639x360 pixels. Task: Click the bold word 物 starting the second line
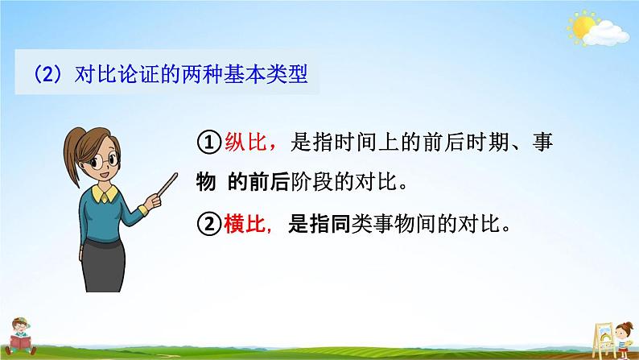tap(204, 184)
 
